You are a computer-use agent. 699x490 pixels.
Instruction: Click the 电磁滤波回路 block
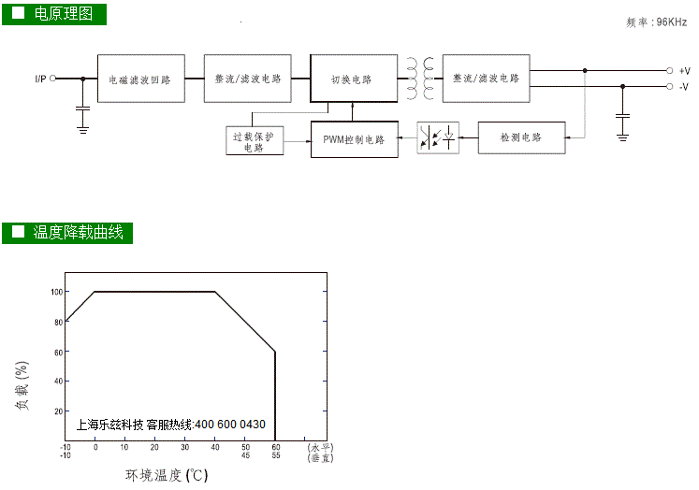pyautogui.click(x=141, y=79)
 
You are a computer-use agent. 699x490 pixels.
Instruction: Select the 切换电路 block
pyautogui.click(x=354, y=79)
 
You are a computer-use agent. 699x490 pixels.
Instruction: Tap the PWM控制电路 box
pyautogui.click(x=355, y=139)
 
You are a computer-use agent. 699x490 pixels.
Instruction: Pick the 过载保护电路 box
pyautogui.click(x=255, y=141)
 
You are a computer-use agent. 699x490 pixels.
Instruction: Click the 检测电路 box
pyautogui.click(x=521, y=137)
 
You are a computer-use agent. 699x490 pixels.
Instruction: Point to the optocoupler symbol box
pyautogui.click(x=438, y=138)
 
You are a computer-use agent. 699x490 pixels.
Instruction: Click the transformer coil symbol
pyautogui.click(x=420, y=79)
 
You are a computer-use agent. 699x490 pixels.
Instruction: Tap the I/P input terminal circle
pyautogui.click(x=52, y=79)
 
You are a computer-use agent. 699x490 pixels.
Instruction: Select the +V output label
pyautogui.click(x=684, y=71)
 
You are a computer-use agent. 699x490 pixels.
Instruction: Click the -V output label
pyautogui.click(x=684, y=87)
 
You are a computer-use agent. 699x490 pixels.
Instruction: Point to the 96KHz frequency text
pyautogui.click(x=671, y=22)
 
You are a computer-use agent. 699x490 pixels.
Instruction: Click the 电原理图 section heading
pyautogui.click(x=64, y=14)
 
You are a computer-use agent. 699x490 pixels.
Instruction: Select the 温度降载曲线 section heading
pyautogui.click(x=78, y=233)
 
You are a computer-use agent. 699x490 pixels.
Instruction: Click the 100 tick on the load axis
pyautogui.click(x=57, y=292)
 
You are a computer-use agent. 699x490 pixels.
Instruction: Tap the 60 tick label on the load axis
pyautogui.click(x=58, y=353)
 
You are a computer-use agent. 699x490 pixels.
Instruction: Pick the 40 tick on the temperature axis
pyautogui.click(x=215, y=447)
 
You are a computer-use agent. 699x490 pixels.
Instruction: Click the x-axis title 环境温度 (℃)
pyautogui.click(x=167, y=475)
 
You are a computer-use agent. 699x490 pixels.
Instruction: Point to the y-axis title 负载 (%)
pyautogui.click(x=22, y=385)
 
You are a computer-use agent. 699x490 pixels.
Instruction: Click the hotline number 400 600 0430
pyautogui.click(x=230, y=425)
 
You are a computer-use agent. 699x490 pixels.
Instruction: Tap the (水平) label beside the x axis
pyautogui.click(x=320, y=447)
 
